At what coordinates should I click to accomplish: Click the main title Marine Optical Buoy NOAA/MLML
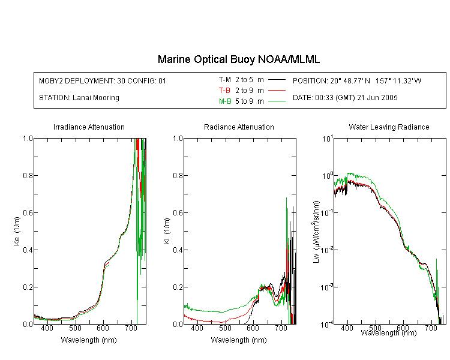click(x=238, y=59)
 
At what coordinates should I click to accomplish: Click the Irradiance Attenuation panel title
click(x=89, y=127)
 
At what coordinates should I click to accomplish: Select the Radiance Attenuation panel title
click(x=239, y=127)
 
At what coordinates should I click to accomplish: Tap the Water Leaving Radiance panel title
click(x=389, y=127)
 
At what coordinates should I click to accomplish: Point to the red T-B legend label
click(x=224, y=91)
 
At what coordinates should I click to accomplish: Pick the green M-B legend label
click(x=225, y=101)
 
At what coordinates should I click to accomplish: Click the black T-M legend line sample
click(x=277, y=80)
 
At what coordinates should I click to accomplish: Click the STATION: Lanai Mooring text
click(x=79, y=98)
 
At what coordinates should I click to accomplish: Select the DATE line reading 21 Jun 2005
click(x=345, y=98)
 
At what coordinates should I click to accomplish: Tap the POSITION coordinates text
click(x=357, y=80)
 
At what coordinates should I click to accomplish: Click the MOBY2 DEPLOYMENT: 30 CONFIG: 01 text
click(x=103, y=80)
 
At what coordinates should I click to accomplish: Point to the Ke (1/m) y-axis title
click(x=17, y=231)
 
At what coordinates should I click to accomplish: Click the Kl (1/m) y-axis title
click(x=167, y=232)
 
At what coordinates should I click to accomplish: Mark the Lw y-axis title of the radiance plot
click(x=316, y=232)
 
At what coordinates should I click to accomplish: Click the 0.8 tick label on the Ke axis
click(x=28, y=175)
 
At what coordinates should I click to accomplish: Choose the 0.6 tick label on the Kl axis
click(x=178, y=213)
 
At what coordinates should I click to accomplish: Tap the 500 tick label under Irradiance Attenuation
click(x=75, y=328)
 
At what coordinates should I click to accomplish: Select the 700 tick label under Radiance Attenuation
click(x=281, y=328)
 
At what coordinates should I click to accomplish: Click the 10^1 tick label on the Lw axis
click(x=327, y=139)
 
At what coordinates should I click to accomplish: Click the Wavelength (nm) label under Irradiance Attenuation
click(x=89, y=340)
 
